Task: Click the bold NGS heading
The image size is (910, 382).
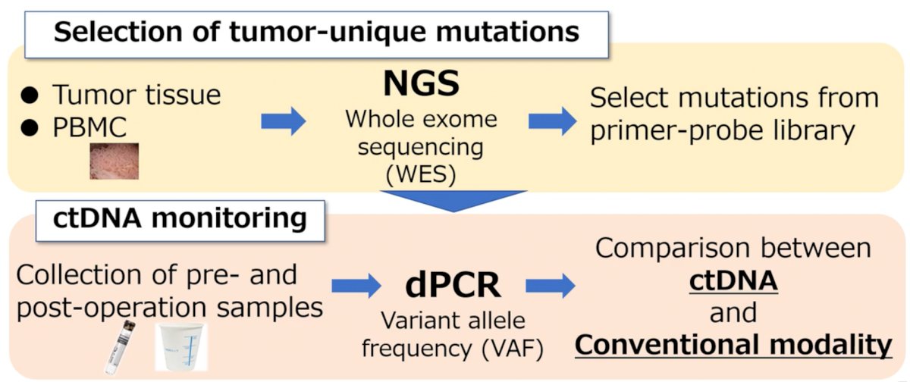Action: [422, 83]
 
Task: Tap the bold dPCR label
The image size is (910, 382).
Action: [453, 285]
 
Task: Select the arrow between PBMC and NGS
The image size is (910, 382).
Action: [283, 121]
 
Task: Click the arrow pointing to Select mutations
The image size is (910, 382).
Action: [553, 121]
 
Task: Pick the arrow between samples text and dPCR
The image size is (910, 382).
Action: [356, 286]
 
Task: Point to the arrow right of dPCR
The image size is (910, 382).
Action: [551, 286]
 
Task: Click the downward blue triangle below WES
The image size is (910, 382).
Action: [453, 201]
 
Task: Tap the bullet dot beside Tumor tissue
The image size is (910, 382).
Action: [30, 95]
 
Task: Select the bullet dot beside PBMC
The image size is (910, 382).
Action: [30, 128]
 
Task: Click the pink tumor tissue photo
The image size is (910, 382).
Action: [115, 161]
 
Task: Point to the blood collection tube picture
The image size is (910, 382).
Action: [120, 347]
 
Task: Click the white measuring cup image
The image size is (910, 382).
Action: [181, 346]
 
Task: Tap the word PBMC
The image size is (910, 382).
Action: [89, 127]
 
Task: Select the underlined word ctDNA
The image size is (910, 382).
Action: [734, 280]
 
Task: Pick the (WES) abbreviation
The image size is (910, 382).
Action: [421, 174]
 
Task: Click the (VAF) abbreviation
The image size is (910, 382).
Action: [513, 349]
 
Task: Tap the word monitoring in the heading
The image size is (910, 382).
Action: [229, 218]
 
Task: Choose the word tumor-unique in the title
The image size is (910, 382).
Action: [327, 32]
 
